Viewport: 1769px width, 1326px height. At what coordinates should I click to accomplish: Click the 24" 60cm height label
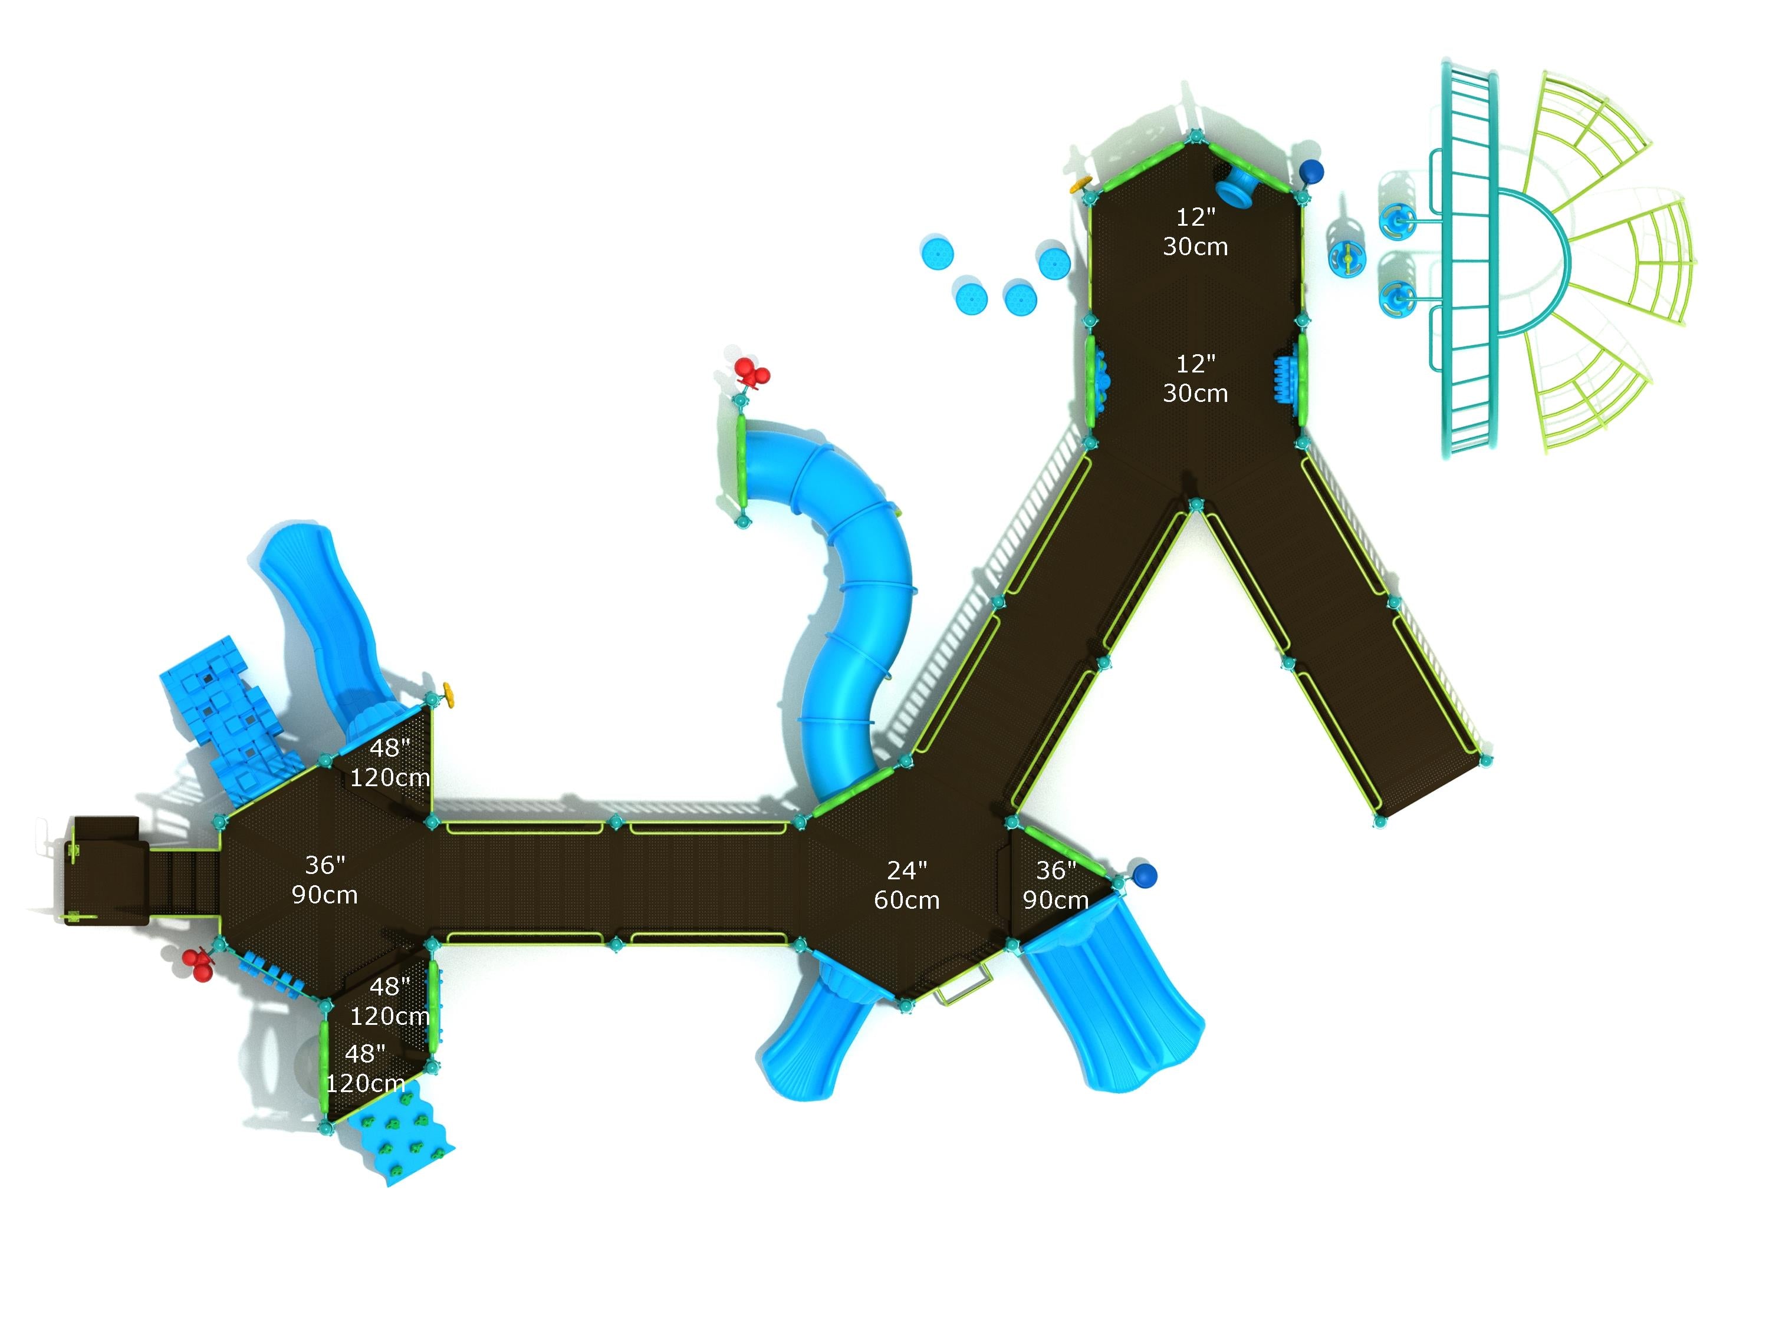[x=906, y=885]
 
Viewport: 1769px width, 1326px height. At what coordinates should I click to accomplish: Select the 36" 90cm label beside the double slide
[x=1055, y=885]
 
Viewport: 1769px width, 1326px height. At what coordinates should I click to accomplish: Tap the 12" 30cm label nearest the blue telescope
[x=1195, y=232]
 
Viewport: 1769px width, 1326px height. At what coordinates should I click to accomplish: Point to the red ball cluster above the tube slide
[x=751, y=372]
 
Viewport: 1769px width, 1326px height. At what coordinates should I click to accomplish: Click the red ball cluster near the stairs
[x=198, y=964]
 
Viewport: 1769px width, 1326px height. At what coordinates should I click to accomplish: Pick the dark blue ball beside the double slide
[x=1145, y=875]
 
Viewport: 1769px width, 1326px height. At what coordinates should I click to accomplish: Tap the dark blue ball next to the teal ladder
[x=1311, y=171]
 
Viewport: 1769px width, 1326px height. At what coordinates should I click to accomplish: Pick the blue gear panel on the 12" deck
[x=1284, y=379]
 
